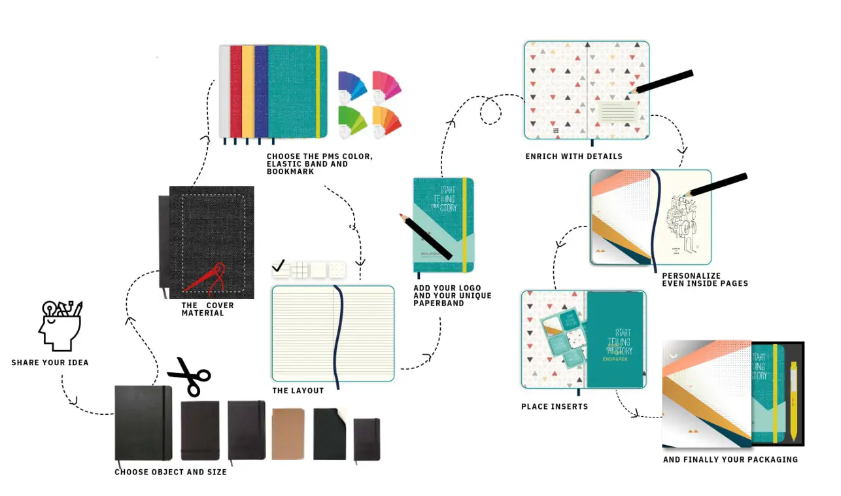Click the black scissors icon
point(190,377)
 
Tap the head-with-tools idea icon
point(61,325)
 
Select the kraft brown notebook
point(288,433)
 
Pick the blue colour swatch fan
point(352,85)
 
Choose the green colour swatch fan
point(352,120)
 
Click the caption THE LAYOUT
point(298,391)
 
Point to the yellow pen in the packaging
point(793,400)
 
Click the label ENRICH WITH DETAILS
point(574,156)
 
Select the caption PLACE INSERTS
point(555,406)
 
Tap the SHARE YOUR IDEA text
point(50,363)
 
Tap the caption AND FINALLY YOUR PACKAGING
point(730,459)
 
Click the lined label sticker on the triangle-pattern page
point(617,112)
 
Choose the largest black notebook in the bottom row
point(143,423)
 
